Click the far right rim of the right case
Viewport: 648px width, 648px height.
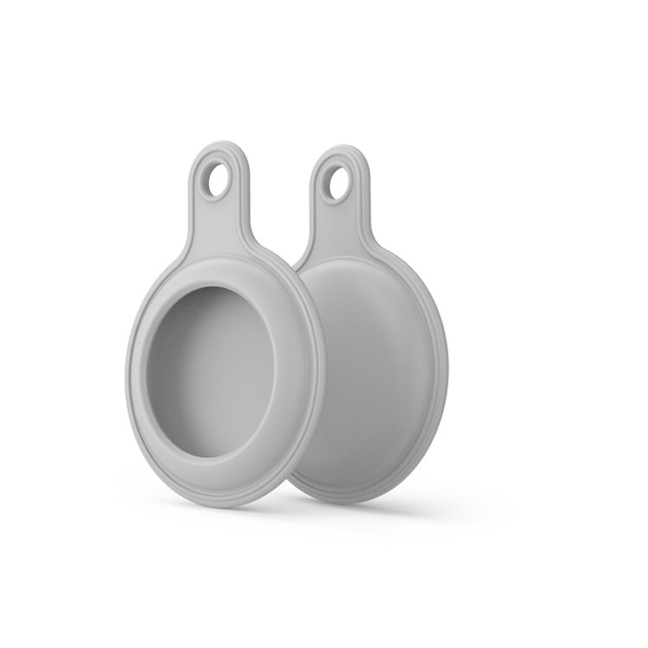tap(445, 363)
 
